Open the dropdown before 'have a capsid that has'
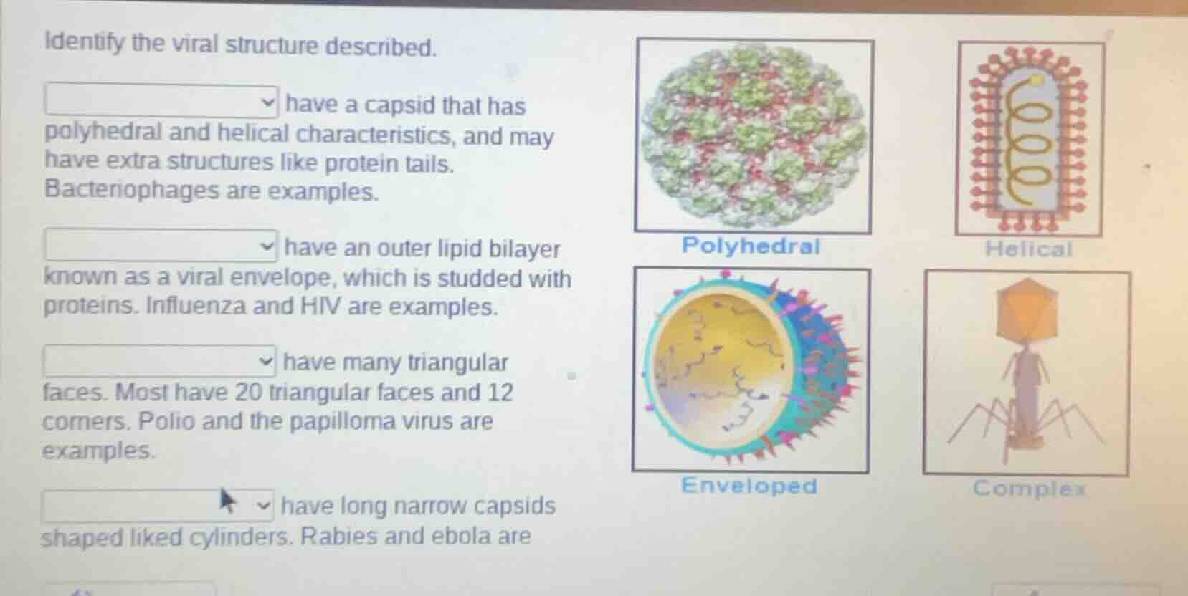162,101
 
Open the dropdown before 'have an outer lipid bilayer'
162,246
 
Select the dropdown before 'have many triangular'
160,360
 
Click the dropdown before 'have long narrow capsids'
158,506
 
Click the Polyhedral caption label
751,246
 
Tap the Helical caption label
1028,249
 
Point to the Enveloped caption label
749,486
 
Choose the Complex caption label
1030,489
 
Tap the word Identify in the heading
85,44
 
